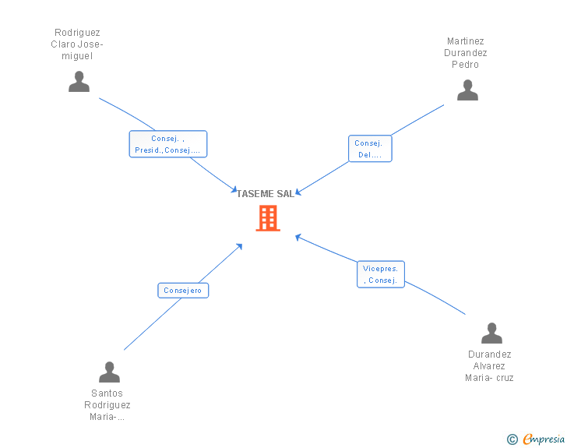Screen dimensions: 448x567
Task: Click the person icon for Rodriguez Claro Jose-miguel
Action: [x=79, y=82]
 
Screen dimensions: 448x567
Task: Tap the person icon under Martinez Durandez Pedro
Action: [x=467, y=90]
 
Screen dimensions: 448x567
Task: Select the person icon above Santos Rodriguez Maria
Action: [x=109, y=372]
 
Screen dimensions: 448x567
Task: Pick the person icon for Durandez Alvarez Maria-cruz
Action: [x=491, y=333]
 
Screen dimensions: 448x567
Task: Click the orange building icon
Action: [x=267, y=218]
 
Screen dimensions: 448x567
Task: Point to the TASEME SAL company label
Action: [x=266, y=194]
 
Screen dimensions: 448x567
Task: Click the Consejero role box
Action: [x=183, y=291]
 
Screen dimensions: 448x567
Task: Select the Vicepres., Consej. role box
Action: [x=381, y=274]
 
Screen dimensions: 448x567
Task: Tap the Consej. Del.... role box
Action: [x=369, y=149]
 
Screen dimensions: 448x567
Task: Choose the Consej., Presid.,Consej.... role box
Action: [x=167, y=144]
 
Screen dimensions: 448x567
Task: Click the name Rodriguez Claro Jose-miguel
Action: [x=77, y=44]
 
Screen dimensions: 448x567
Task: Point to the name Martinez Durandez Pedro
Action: [x=467, y=53]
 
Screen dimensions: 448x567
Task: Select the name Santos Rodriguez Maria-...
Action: [x=107, y=404]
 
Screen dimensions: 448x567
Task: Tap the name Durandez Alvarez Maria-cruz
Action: [x=489, y=366]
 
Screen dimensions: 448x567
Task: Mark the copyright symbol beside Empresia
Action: [x=512, y=440]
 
